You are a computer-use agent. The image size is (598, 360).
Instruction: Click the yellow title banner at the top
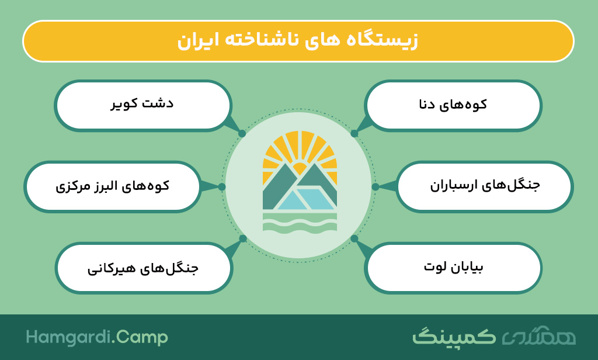298,41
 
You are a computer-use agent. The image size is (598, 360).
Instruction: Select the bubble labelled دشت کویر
143,105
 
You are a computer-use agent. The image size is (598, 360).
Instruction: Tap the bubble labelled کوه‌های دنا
453,105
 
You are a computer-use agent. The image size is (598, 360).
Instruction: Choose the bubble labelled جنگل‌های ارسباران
485,186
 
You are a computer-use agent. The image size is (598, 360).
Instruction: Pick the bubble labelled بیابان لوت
453,268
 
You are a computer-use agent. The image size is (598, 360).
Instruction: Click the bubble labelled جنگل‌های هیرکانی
144,268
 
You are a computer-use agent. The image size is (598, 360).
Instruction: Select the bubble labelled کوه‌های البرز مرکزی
113,186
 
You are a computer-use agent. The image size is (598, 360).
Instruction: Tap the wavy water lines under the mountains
300,223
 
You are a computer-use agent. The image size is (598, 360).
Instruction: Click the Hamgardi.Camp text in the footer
97,337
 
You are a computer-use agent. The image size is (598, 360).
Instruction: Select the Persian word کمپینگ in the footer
454,336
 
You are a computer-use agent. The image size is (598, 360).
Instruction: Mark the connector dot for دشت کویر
242,134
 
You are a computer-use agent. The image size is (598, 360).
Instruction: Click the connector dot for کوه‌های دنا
354,134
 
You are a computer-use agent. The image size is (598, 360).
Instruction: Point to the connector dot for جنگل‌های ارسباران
376,186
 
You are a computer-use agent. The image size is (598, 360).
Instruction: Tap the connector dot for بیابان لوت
354,238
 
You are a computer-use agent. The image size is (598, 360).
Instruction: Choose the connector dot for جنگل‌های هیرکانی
243,238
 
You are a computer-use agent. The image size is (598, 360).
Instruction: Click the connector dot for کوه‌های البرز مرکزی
221,186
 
